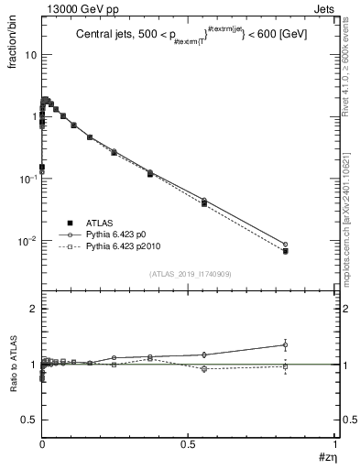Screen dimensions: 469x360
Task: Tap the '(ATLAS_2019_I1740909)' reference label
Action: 189,275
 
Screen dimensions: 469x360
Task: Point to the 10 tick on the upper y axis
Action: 31,54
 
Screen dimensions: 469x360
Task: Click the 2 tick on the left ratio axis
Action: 33,310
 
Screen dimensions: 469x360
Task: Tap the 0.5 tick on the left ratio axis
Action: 29,420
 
